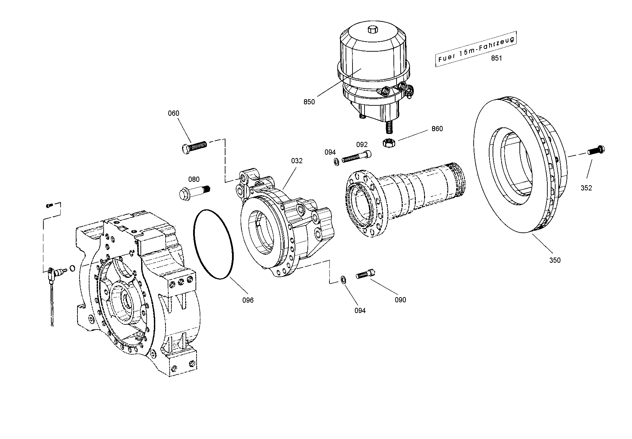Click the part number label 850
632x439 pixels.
coord(309,102)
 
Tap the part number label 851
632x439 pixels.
coord(496,58)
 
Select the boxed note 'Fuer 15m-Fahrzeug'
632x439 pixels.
coord(476,49)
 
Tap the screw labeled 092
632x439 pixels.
coord(356,156)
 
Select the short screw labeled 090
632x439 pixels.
coord(366,274)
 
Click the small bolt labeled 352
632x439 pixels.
coord(597,150)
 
